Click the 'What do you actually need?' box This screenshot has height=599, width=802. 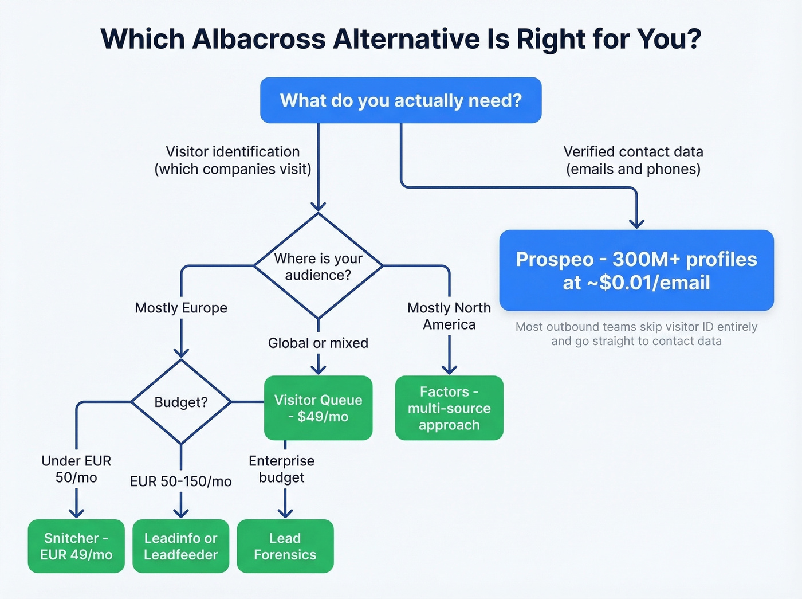(x=400, y=100)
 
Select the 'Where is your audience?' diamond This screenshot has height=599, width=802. (x=318, y=267)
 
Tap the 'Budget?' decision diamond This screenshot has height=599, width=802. (x=181, y=402)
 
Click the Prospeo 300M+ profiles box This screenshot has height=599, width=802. (x=636, y=271)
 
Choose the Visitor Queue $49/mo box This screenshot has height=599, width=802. (x=318, y=408)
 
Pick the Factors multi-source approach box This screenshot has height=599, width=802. (x=449, y=408)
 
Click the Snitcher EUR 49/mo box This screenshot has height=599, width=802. (x=76, y=546)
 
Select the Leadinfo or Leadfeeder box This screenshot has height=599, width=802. (x=180, y=546)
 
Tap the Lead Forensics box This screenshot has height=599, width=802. (x=285, y=546)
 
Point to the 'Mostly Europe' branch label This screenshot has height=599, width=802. (x=181, y=308)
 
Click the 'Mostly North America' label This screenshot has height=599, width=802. (x=449, y=316)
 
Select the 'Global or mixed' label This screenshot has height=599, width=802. (x=318, y=343)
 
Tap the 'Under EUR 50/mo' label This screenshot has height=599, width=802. (x=76, y=469)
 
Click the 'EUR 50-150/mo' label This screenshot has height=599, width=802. (x=180, y=481)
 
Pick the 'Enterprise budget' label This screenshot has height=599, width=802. (x=281, y=469)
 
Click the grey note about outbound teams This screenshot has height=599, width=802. (x=636, y=334)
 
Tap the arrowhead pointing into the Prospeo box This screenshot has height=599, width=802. (x=636, y=224)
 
